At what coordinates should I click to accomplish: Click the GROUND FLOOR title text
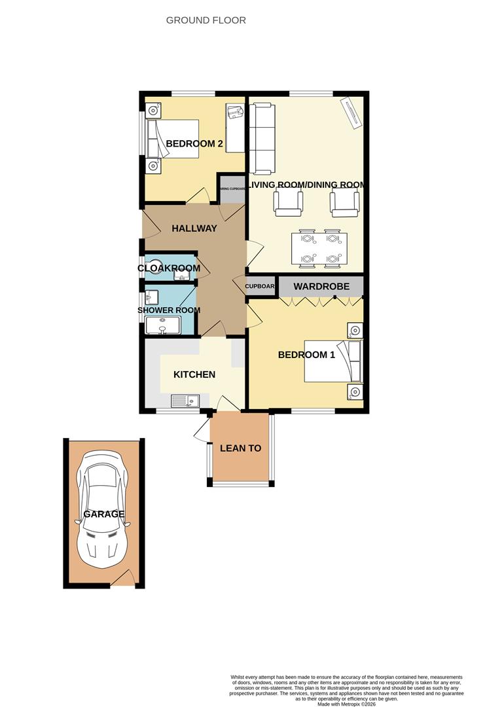pos(206,20)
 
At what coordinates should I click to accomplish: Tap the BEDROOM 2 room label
pos(194,143)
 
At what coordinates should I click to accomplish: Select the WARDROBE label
pos(321,287)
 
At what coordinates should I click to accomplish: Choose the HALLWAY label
pos(194,228)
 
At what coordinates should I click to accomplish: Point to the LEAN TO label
pos(240,448)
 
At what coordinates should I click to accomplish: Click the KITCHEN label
pos(194,374)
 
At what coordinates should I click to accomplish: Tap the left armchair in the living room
pos(288,204)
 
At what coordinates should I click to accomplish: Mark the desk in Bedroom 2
pos(235,128)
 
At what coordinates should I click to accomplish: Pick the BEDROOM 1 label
pos(306,355)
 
